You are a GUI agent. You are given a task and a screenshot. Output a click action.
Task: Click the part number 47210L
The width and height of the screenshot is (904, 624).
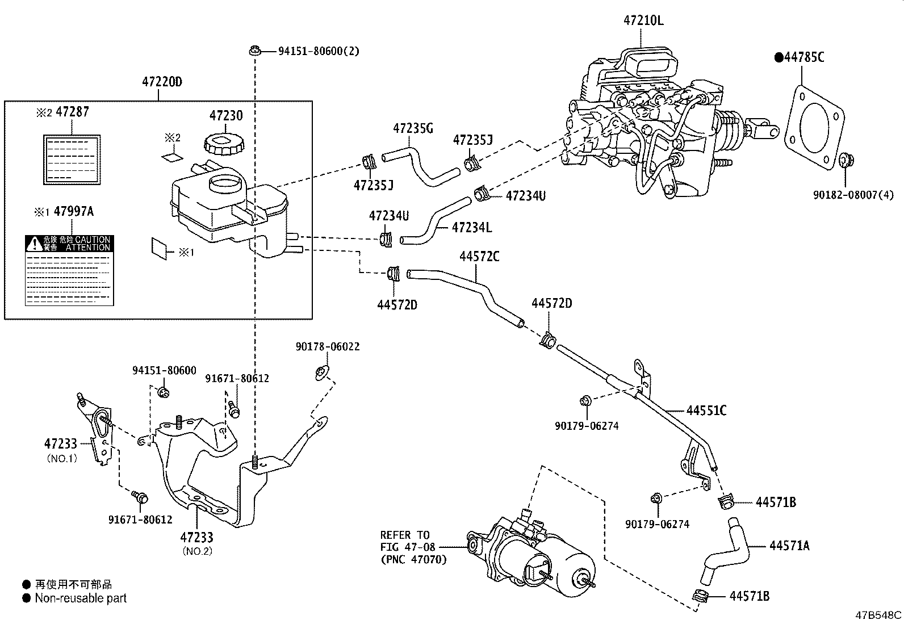point(643,21)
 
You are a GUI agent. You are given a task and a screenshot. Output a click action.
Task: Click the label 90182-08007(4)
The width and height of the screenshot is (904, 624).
point(852,195)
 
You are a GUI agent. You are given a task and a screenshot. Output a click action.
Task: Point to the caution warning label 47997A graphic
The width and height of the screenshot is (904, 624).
point(69,271)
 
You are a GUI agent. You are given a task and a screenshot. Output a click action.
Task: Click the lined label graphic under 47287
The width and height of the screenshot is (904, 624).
point(72,160)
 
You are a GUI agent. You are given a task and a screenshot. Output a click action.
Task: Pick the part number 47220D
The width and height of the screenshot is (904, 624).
point(162,82)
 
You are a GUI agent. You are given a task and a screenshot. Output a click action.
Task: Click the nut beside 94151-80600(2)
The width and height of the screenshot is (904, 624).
point(255,51)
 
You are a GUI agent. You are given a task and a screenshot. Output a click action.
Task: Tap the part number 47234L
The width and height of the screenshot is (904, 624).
point(471,228)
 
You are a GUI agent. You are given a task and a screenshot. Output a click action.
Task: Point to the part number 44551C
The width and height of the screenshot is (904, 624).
point(706,410)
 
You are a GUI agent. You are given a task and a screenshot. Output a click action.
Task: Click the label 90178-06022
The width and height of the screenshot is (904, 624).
point(327,346)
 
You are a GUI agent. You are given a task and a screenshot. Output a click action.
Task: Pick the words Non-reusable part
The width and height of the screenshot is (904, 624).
point(81,598)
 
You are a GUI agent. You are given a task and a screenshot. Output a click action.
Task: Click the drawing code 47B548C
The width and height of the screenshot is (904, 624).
point(878,615)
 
